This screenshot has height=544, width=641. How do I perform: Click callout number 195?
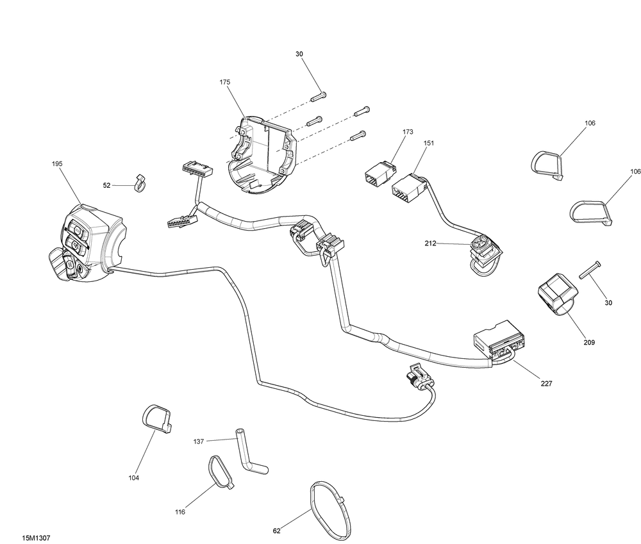click(57, 164)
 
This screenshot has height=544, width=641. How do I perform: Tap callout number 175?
click(225, 82)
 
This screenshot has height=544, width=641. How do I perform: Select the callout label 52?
click(106, 186)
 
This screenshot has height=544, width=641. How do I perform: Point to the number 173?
click(408, 132)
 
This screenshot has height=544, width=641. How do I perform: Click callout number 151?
click(429, 144)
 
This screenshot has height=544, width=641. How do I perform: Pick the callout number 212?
click(430, 243)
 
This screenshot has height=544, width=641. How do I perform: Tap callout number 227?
click(547, 384)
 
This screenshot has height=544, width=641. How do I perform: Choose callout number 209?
click(589, 343)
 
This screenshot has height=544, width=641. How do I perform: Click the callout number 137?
click(199, 442)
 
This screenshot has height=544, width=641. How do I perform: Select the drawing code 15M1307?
click(37, 538)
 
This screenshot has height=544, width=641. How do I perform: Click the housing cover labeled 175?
click(260, 155)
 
